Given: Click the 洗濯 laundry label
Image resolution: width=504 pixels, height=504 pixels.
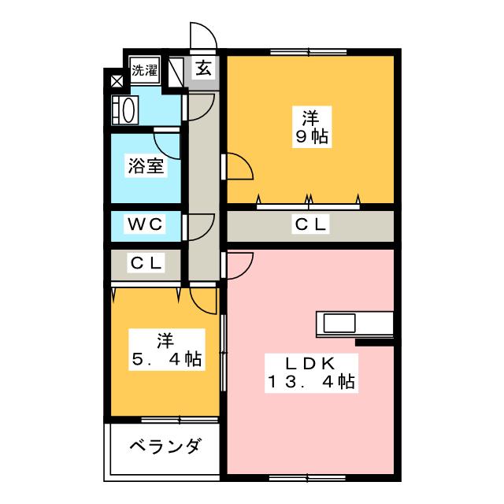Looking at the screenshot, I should coord(144,69).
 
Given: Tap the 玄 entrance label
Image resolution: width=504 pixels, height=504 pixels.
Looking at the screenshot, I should coord(203,69).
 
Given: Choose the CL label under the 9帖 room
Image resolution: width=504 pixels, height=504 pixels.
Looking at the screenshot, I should coord(309,225).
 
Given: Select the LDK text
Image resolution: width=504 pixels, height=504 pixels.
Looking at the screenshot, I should coord(310,364).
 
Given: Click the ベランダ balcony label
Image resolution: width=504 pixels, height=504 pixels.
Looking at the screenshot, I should coord(165,447).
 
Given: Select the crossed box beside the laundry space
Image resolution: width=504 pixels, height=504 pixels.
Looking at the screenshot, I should coord(117,80).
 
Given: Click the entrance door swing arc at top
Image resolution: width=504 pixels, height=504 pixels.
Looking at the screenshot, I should coord(203,36).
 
